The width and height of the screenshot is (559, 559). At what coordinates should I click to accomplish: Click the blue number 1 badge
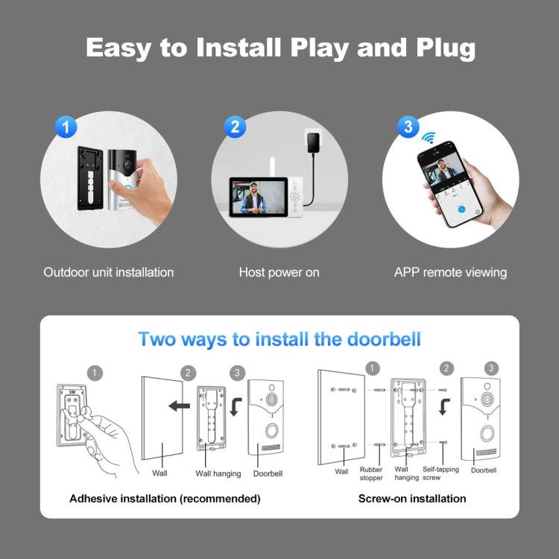pos(66,126)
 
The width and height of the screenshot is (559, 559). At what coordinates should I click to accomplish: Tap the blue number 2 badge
pos(234,126)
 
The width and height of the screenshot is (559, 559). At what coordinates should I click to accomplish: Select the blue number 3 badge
pos(407,126)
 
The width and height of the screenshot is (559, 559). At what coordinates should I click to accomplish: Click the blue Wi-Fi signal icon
pos(429,139)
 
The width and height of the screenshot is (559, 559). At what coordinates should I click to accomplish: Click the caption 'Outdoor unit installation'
pos(109,272)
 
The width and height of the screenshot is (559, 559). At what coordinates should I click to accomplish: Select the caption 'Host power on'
pos(279,272)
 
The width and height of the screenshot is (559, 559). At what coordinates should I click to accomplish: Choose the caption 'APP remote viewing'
pos(450,272)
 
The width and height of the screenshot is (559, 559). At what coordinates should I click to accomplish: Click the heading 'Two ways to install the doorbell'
pos(279,339)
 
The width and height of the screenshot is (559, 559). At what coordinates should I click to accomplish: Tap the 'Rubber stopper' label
pos(371,473)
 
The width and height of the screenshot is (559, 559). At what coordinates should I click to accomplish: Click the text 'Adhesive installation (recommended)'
pos(165,498)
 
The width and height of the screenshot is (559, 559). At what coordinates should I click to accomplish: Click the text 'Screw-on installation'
pos(412,498)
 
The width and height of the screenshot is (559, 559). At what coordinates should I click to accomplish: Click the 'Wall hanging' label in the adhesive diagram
pos(218,473)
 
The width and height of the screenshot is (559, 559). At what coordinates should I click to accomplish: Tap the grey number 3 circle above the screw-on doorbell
pos(491,368)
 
